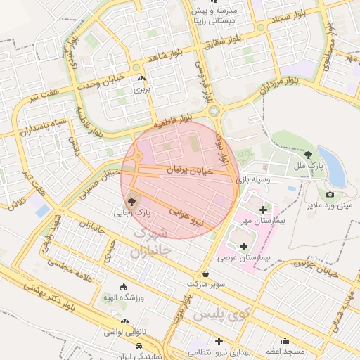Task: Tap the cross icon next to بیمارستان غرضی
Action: tap(244, 246)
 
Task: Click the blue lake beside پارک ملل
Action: tap(331, 167)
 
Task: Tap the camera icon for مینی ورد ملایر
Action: tap(330, 194)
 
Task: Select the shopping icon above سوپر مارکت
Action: tap(205, 274)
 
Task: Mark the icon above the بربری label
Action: tap(142, 79)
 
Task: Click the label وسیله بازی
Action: tap(252, 181)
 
